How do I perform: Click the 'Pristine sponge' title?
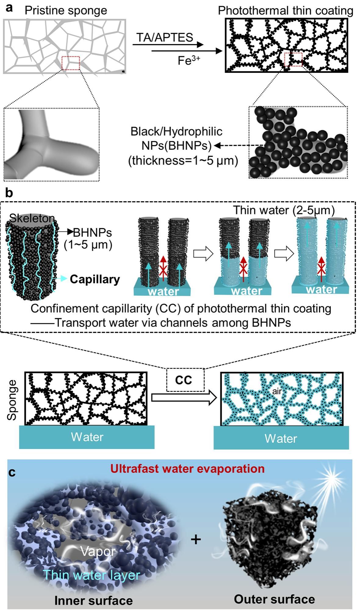(66, 10)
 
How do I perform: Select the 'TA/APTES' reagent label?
(164, 37)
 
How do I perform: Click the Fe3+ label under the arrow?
(189, 60)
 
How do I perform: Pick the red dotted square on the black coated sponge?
(293, 59)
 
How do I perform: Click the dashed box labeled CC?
(184, 380)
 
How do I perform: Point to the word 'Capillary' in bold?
(95, 279)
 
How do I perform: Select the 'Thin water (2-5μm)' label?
(284, 210)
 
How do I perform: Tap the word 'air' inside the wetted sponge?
(277, 391)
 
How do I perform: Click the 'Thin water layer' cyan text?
(92, 575)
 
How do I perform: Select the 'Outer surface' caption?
(274, 599)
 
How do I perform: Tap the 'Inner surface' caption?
(94, 600)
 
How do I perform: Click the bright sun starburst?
(331, 479)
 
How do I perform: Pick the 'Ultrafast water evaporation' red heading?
(187, 468)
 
